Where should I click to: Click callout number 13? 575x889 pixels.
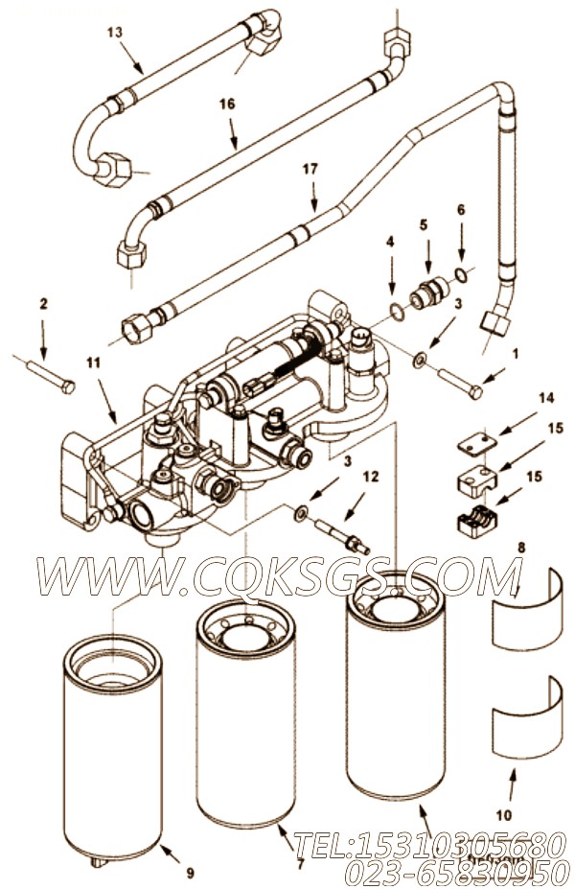click(114, 33)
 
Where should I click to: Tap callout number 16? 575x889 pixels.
click(227, 104)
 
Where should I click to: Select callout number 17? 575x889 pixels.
click(310, 169)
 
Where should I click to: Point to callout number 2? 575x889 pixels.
click(43, 304)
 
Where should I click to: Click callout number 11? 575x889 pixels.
click(94, 363)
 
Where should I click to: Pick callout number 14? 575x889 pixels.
click(546, 398)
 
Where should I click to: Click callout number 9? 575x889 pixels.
click(190, 872)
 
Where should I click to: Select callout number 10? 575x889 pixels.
click(504, 815)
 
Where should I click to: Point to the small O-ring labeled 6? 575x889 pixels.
click(462, 275)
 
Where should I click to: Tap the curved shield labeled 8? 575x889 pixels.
click(527, 608)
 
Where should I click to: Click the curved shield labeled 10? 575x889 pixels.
click(527, 717)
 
